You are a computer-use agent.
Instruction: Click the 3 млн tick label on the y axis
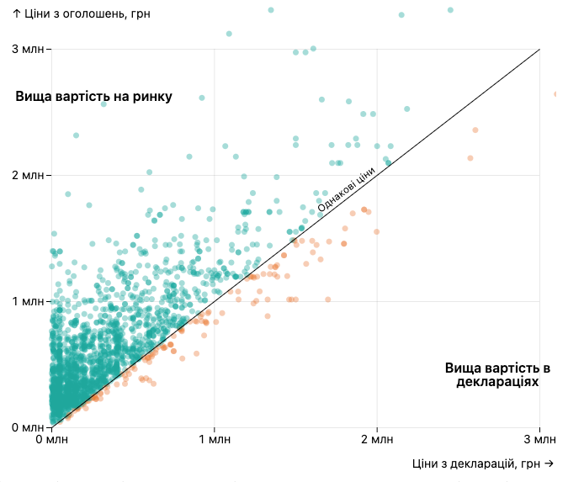click(28, 50)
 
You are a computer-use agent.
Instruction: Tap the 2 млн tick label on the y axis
click(28, 175)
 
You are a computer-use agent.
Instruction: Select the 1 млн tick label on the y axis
click(28, 301)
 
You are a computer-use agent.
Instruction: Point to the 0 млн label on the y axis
click(28, 427)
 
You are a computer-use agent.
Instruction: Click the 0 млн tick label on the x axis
click(51, 440)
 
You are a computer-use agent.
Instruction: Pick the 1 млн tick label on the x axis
click(214, 440)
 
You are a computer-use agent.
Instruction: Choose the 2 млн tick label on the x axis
click(377, 440)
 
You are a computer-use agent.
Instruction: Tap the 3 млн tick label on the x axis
click(539, 440)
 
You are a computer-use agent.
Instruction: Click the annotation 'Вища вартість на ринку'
click(93, 97)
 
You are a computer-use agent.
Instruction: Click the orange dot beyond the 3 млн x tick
click(556, 94)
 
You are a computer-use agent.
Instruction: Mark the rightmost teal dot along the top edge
click(450, 10)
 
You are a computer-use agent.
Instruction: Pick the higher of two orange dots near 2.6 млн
click(475, 130)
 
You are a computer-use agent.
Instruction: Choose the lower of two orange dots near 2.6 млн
click(470, 158)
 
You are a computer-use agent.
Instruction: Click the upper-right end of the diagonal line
click(539, 50)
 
